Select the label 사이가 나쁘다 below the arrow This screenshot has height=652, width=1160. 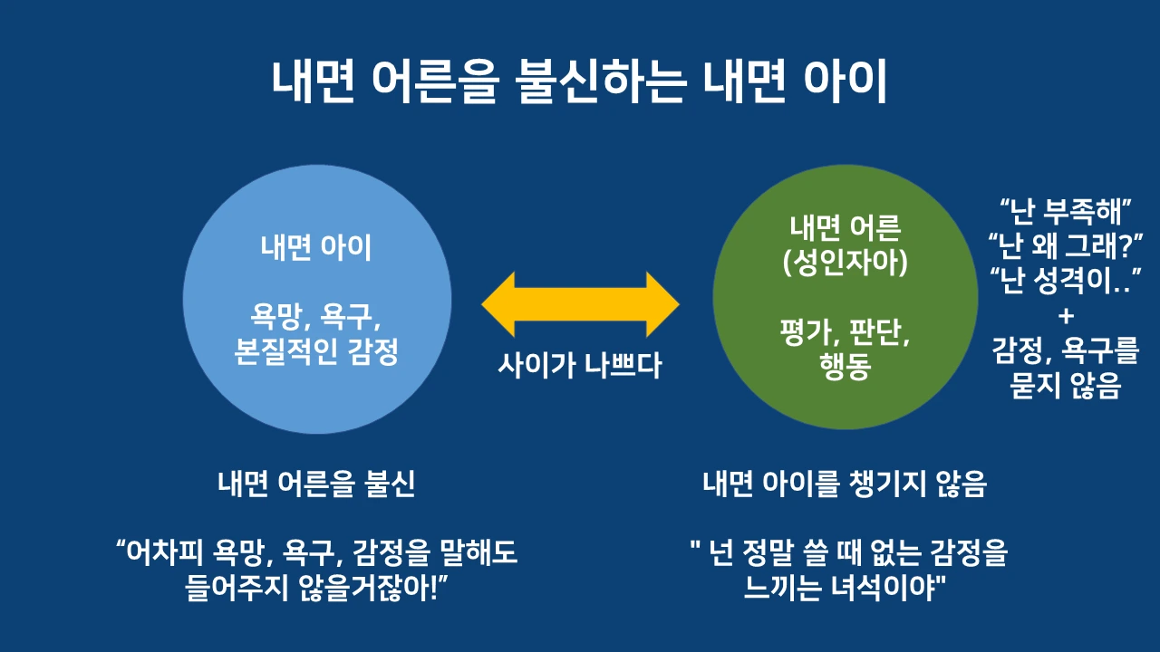[x=580, y=365]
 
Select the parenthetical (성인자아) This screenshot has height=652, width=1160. [x=846, y=264]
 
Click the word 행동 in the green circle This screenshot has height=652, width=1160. [x=846, y=369]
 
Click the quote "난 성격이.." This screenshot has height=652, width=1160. [x=1066, y=280]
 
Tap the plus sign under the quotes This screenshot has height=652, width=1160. [x=1066, y=315]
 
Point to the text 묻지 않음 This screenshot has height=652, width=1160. [x=1066, y=387]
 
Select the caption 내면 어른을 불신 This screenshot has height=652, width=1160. [x=316, y=484]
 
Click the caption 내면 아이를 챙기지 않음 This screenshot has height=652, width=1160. [x=845, y=484]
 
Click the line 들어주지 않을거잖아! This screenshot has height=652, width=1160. [x=316, y=589]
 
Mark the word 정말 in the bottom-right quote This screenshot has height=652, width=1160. [x=778, y=553]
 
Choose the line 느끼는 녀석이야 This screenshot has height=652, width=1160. [x=845, y=589]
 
